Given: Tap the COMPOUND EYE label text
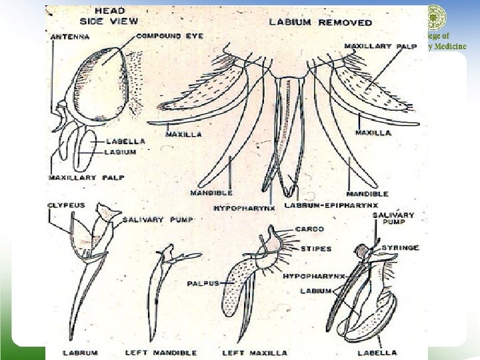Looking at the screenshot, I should [169, 35].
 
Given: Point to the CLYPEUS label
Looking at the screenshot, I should [67, 205].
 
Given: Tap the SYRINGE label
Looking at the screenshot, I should [400, 248].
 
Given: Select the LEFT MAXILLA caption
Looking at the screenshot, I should [255, 352].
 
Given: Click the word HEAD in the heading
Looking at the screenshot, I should [110, 11].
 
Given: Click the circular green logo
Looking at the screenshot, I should [437, 17].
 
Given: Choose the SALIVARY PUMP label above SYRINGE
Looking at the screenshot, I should [393, 219].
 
